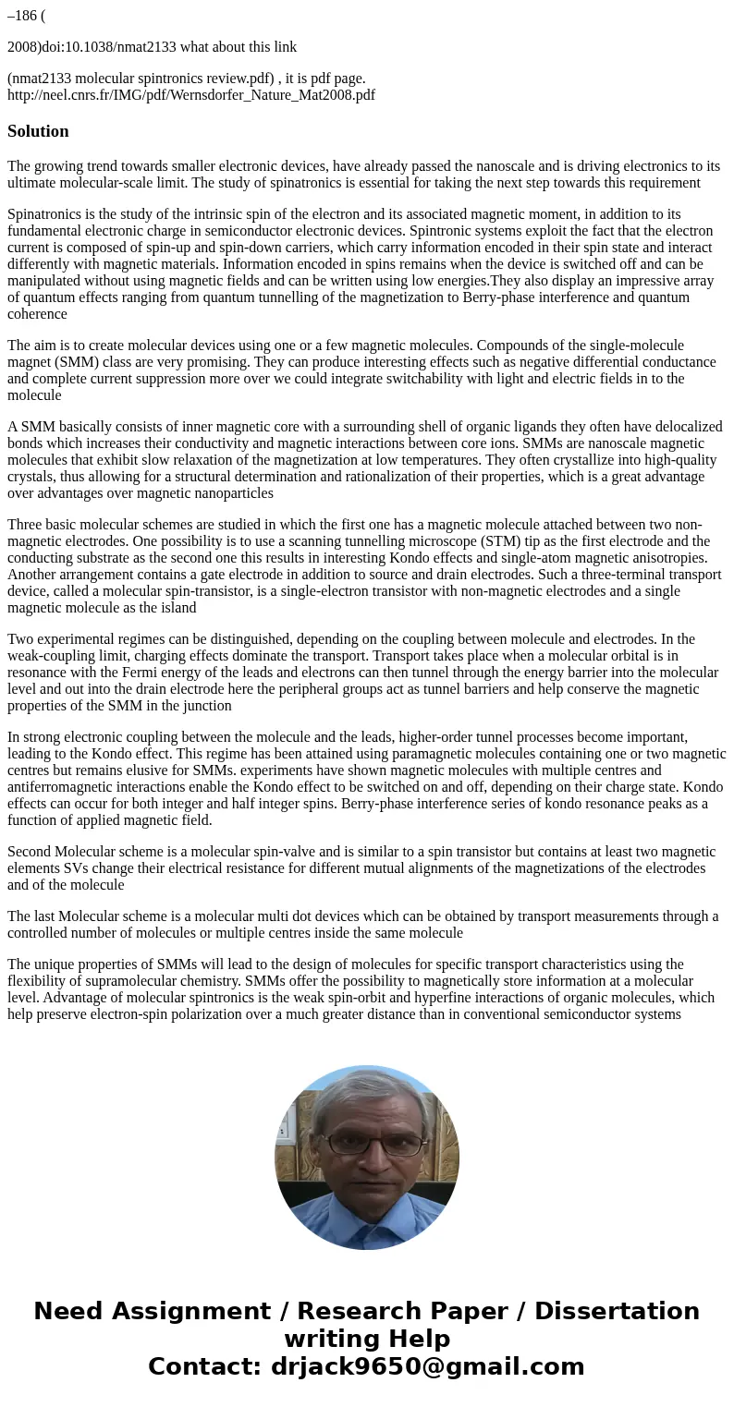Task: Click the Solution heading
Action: point(38,131)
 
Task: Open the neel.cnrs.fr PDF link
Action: point(191,94)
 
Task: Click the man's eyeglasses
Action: point(365,1143)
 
